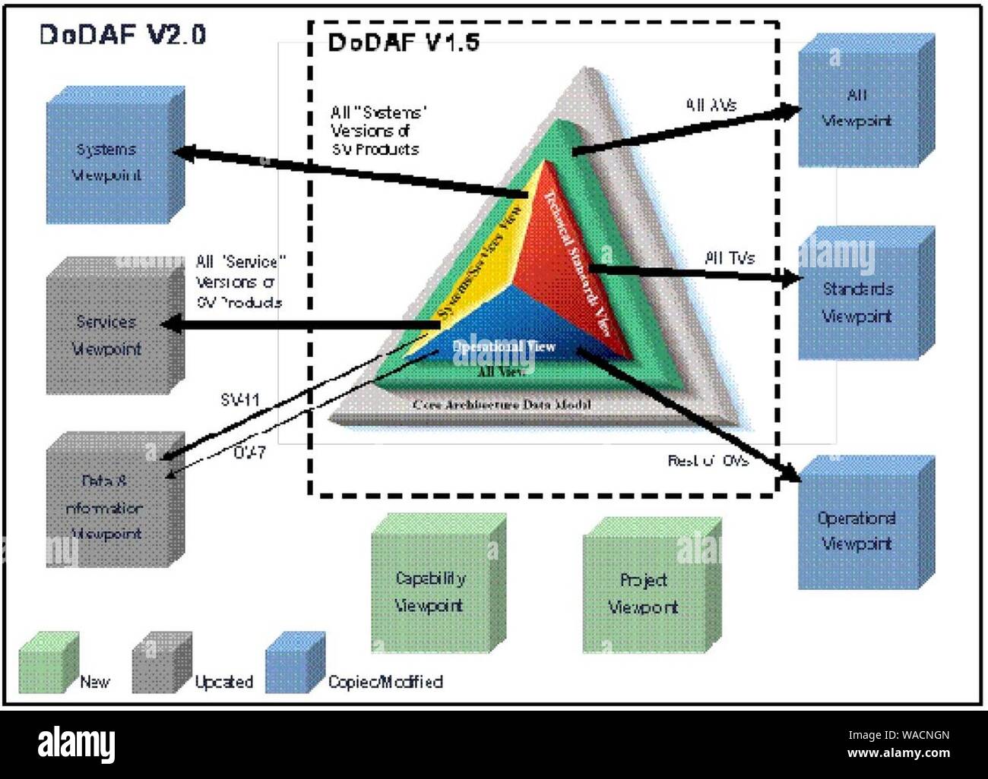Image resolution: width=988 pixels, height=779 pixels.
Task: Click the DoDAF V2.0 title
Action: (x=122, y=35)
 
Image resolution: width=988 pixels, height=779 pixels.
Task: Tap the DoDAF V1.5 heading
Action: (x=404, y=43)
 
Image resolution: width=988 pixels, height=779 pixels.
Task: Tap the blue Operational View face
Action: (x=505, y=338)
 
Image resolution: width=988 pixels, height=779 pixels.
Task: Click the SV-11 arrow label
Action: (x=240, y=399)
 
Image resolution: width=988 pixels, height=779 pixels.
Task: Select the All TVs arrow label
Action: (x=730, y=259)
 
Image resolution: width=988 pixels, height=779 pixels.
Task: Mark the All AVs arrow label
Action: (x=711, y=106)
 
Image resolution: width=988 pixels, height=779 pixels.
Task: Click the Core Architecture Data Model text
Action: (x=502, y=405)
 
